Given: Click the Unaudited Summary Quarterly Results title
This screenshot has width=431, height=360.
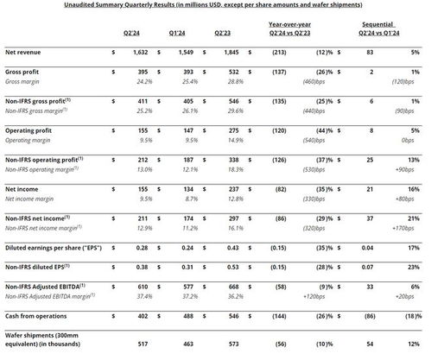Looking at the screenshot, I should tap(215, 5).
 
